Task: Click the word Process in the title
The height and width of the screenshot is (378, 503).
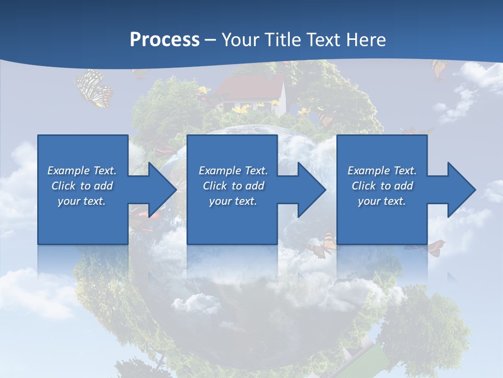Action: (165, 39)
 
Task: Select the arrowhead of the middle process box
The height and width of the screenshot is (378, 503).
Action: (309, 190)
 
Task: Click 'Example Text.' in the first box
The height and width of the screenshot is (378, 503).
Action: (82, 171)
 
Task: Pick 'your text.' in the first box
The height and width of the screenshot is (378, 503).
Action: (82, 201)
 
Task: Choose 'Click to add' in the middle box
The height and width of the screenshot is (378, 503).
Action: (233, 186)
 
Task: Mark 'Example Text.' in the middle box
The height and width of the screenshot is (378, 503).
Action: (233, 171)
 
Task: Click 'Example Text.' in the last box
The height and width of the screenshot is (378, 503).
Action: (382, 171)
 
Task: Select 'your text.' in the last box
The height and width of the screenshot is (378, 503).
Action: (382, 201)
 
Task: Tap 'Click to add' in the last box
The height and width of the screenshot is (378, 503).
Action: (382, 186)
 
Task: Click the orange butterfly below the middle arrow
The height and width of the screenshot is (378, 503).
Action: (322, 245)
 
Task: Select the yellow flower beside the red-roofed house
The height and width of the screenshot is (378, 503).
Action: (241, 109)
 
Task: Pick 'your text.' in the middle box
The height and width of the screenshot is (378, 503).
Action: (233, 201)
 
